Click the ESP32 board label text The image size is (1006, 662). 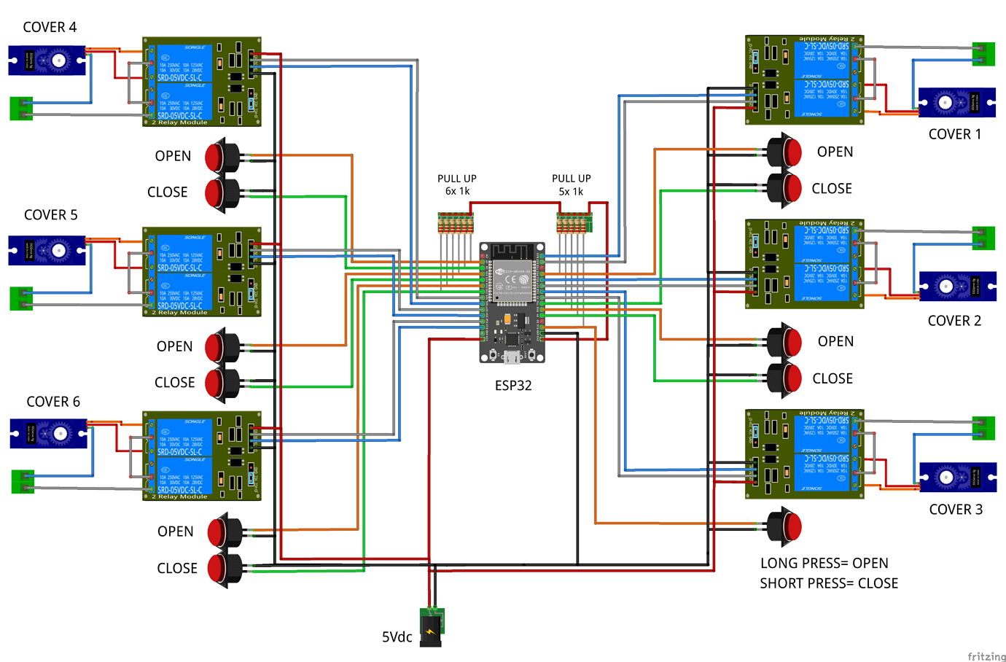coord(513,385)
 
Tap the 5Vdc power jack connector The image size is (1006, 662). coord(432,626)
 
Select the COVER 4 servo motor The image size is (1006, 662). coord(47,60)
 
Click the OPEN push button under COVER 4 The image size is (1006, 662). coord(222,156)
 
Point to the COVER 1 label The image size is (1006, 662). coord(954,134)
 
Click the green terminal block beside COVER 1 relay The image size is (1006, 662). coord(983,54)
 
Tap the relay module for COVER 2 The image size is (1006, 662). coord(804,264)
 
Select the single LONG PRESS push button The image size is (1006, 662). coord(784,526)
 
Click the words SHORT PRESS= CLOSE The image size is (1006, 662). coord(829,583)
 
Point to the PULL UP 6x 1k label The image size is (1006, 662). coord(457,184)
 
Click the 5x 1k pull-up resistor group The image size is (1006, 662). coord(574,223)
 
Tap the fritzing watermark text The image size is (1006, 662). coord(986,656)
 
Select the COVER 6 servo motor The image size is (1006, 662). coord(48,434)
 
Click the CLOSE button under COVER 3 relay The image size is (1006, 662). coord(784,378)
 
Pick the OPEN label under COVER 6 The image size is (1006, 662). coord(176,531)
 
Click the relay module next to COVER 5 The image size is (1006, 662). coord(202,271)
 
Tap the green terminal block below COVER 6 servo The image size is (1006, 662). coord(23,482)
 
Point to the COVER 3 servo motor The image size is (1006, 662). coord(957,478)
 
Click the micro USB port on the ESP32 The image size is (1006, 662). coord(512,357)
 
